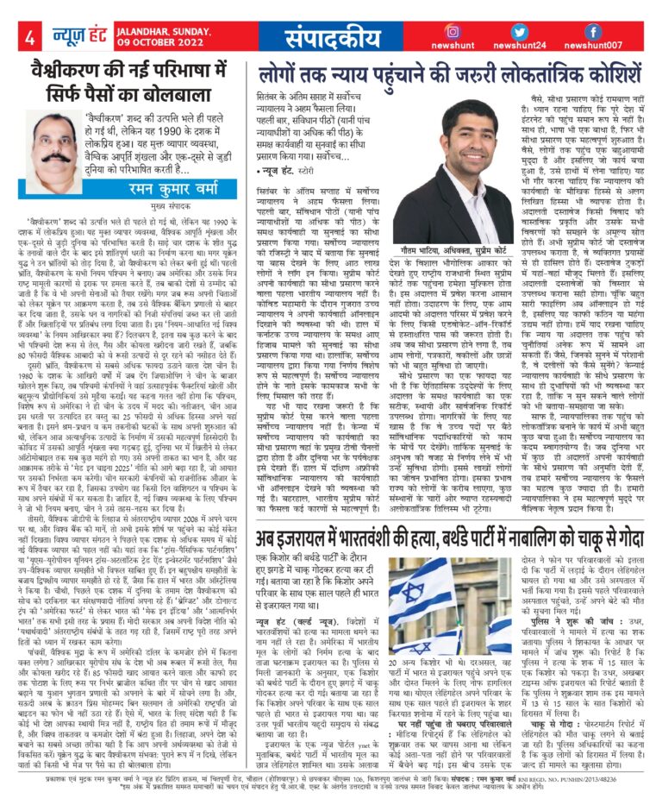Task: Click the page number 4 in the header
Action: pyautogui.click(x=29, y=37)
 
